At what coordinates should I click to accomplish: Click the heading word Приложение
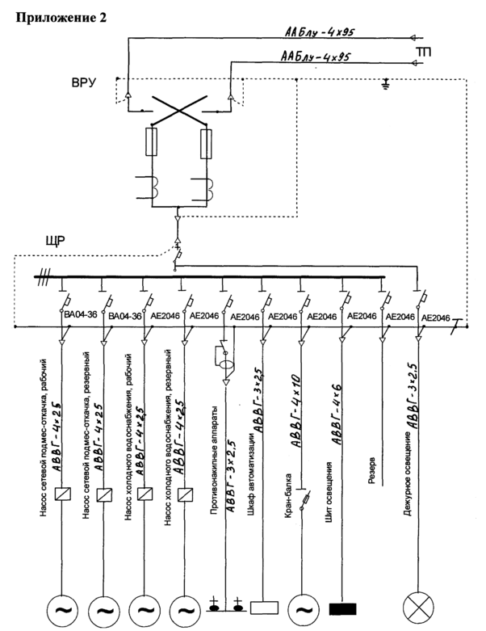(44, 15)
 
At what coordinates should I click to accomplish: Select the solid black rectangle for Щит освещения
(343, 607)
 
